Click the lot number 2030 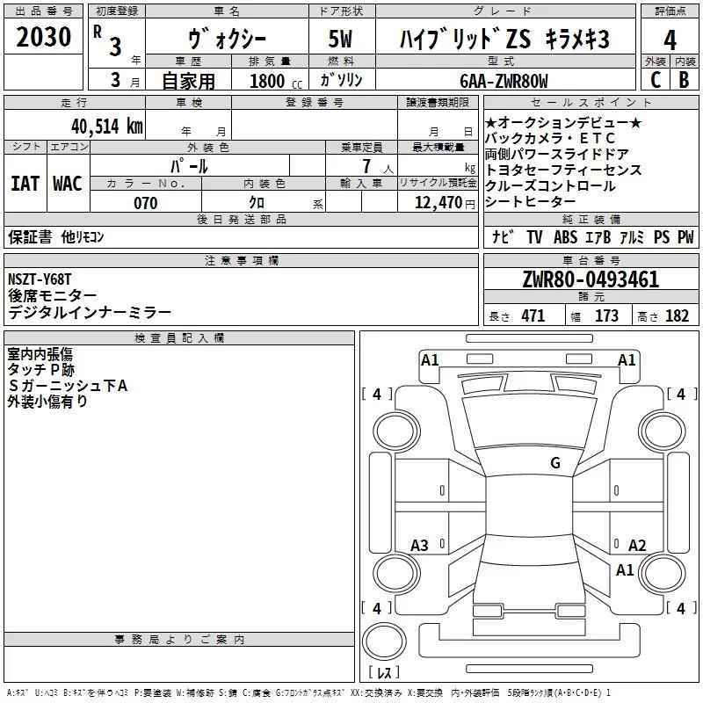[x=43, y=39]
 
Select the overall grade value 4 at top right [x=670, y=40]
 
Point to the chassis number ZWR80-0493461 [x=591, y=279]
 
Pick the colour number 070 [x=146, y=203]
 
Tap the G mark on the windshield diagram [x=555, y=462]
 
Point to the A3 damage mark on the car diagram [x=420, y=546]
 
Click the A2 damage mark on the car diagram [x=638, y=545]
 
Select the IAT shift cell [x=25, y=184]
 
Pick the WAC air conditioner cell [x=68, y=184]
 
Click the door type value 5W [x=340, y=40]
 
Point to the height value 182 [x=677, y=316]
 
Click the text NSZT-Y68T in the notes [x=40, y=279]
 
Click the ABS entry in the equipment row [x=565, y=237]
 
